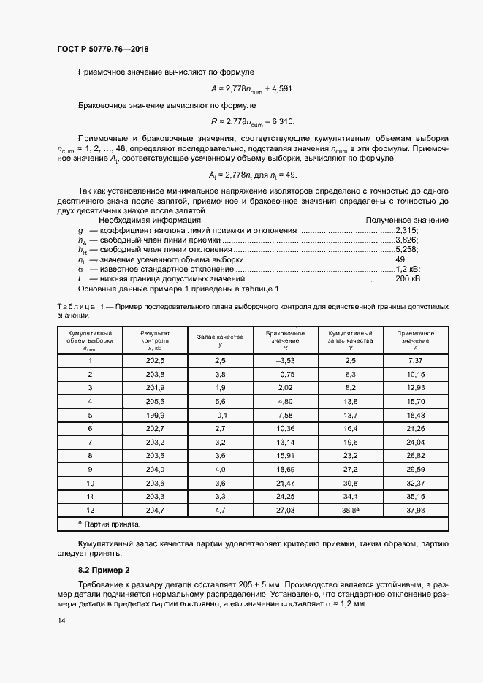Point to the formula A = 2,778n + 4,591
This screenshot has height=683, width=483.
point(252,88)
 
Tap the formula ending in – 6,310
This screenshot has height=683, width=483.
point(252,121)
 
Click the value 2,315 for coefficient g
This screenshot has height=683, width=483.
point(406,229)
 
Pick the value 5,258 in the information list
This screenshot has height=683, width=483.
point(406,249)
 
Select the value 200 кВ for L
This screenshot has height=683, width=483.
point(408,278)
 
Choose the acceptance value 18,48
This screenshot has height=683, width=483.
point(415,413)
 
